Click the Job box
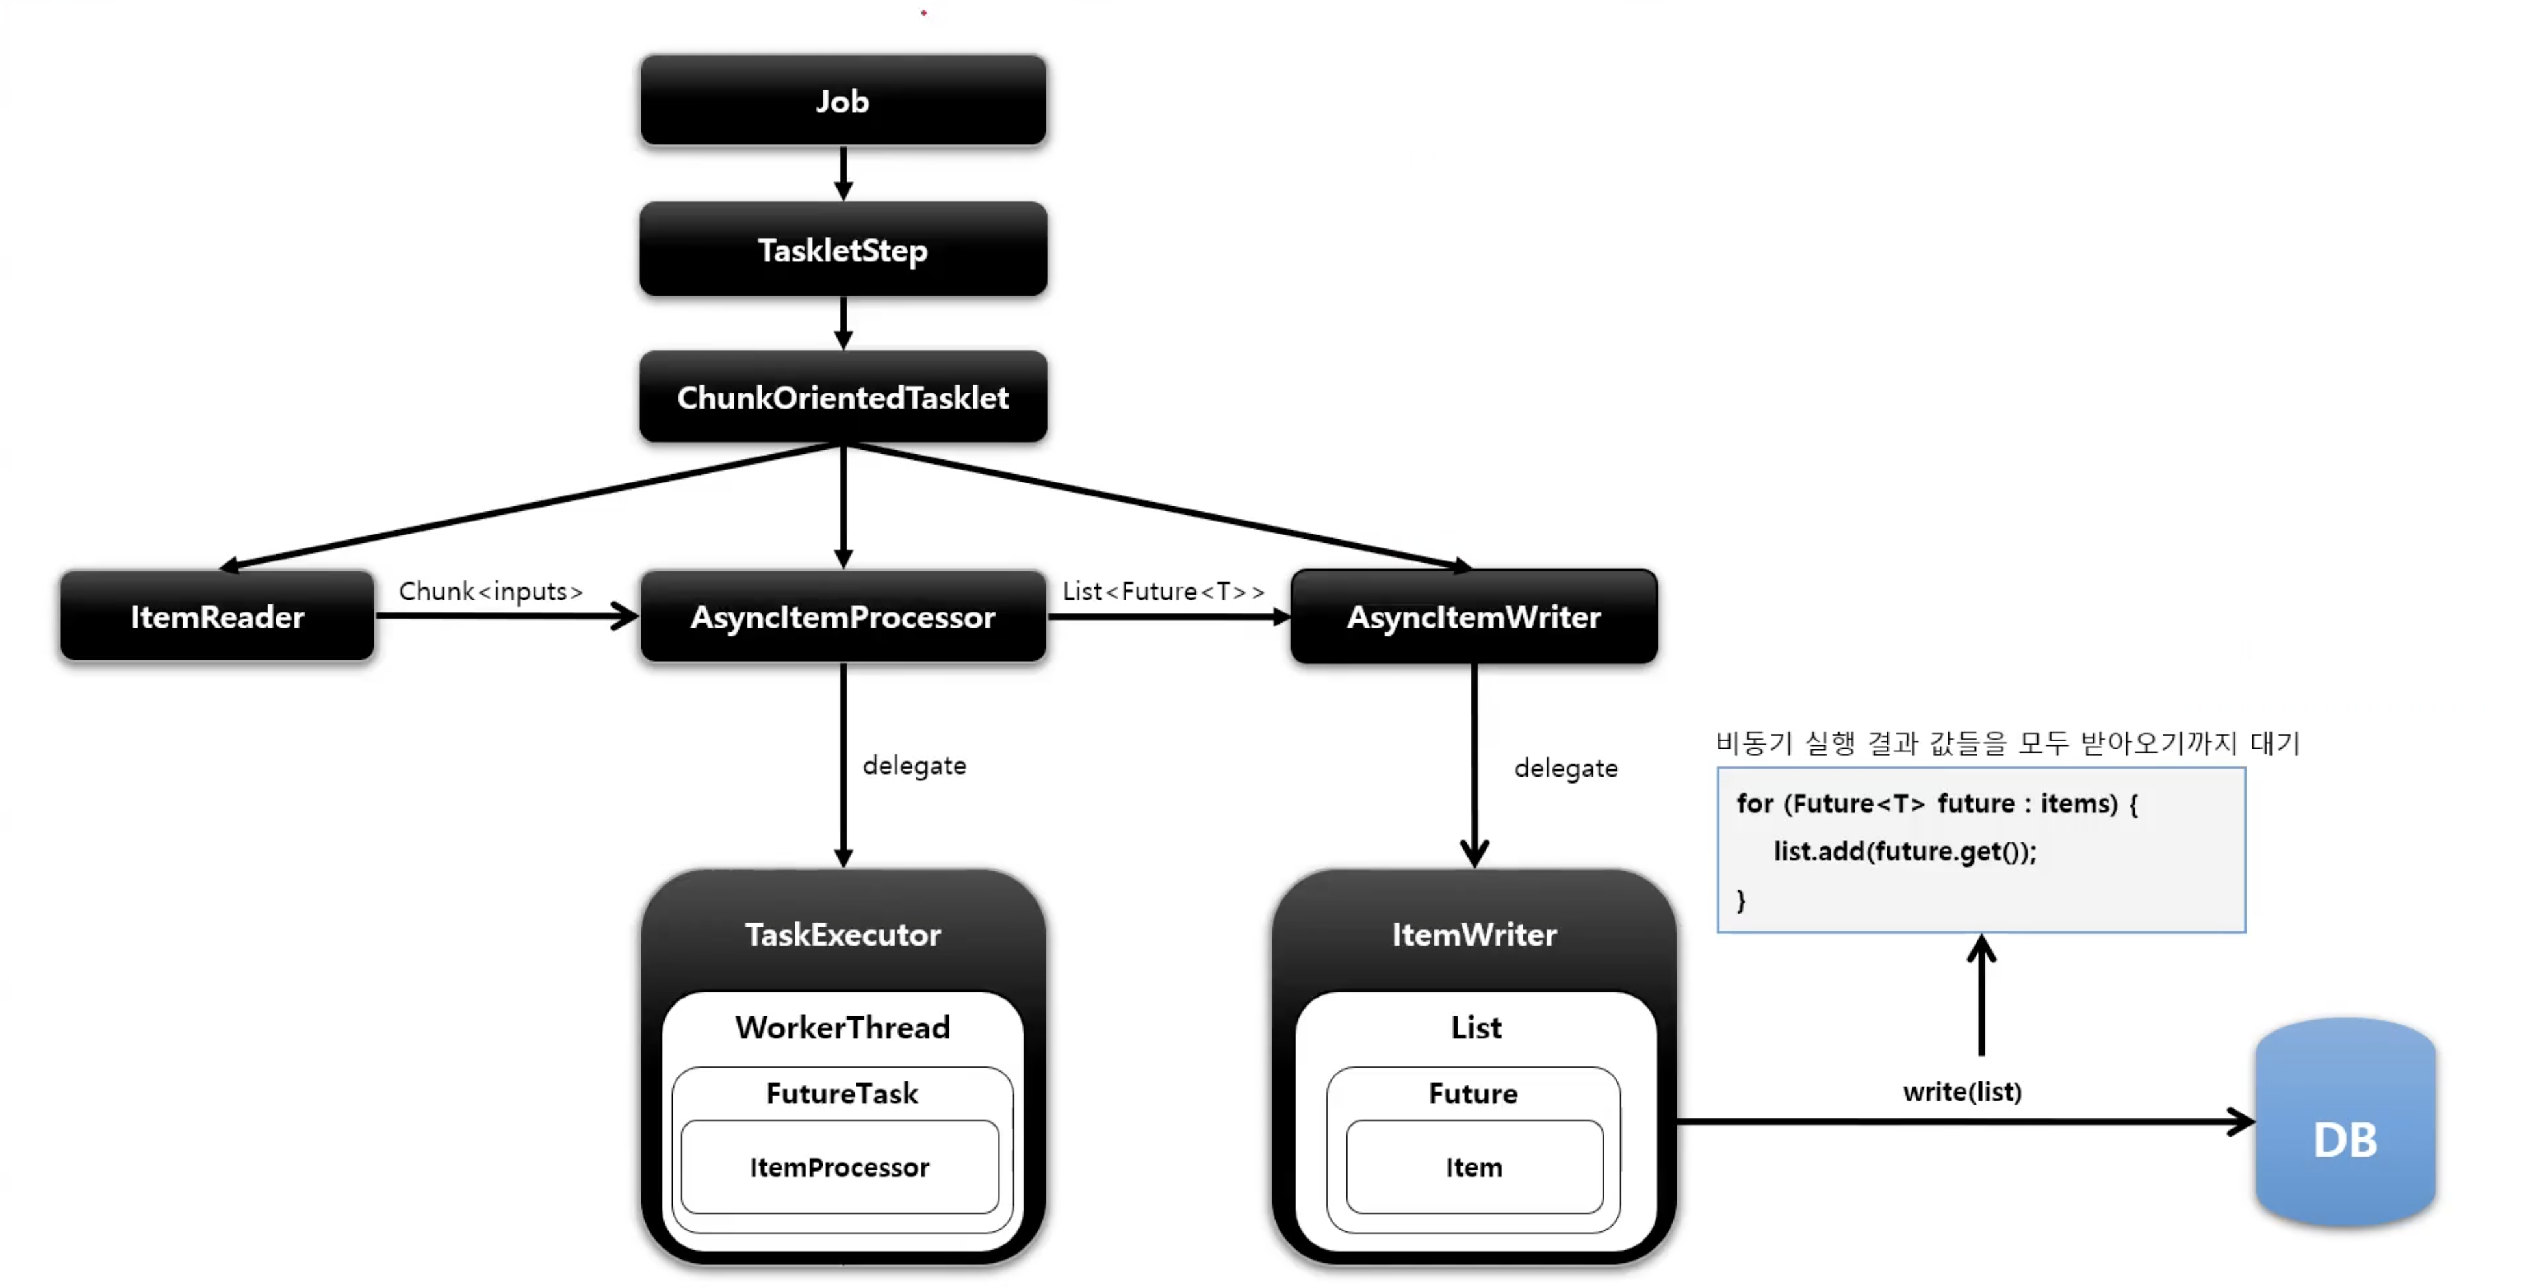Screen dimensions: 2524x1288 pos(843,101)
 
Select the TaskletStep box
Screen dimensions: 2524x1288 pos(843,250)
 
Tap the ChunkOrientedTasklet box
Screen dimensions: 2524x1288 pos(843,396)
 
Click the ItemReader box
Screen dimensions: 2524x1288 pos(218,616)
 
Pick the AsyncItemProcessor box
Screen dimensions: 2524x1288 pos(843,616)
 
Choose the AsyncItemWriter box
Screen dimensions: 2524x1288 pos(1474,616)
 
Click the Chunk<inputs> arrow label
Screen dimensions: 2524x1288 pos(491,591)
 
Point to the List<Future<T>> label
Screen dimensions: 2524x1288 pos(1163,591)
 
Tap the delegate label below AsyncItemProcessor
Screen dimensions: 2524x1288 pos(914,765)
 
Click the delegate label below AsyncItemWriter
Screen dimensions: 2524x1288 pos(1565,768)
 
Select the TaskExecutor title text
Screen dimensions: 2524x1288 pos(843,934)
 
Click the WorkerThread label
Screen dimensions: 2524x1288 pos(843,1027)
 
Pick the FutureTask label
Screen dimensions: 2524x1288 pos(843,1093)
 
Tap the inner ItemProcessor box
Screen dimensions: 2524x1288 pos(840,1166)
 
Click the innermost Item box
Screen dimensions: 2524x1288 pos(1474,1166)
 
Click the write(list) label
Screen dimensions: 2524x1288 pos(1963,1091)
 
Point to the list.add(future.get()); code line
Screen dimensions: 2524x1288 pos(1905,851)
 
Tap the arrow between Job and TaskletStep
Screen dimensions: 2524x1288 pos(843,174)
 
